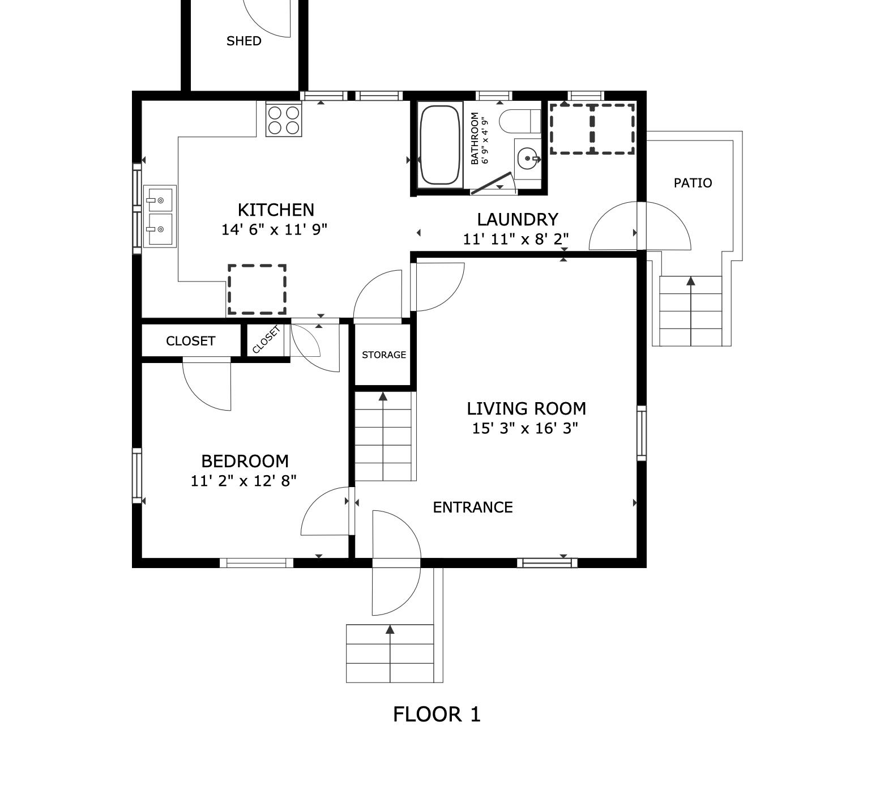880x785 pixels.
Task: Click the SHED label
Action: [244, 41]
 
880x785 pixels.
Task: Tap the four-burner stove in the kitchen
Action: [284, 120]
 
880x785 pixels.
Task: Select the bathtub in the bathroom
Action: [440, 145]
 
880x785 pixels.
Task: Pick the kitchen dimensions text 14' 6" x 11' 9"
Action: [275, 230]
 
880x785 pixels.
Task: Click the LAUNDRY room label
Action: [517, 219]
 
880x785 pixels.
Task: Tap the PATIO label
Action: [693, 183]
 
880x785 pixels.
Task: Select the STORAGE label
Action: [384, 355]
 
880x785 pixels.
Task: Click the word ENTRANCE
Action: [473, 507]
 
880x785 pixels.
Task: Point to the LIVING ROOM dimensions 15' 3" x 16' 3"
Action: [525, 428]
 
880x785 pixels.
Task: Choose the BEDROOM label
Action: [245, 461]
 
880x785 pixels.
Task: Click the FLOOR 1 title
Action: [437, 714]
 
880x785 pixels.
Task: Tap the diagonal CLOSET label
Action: [266, 340]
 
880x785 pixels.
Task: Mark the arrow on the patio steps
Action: [690, 281]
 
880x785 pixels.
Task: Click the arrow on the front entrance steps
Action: [390, 629]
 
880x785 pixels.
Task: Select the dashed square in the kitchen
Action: [257, 289]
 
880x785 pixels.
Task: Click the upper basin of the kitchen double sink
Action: [160, 200]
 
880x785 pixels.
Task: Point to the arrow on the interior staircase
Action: [383, 396]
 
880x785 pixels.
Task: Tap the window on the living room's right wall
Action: [642, 433]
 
